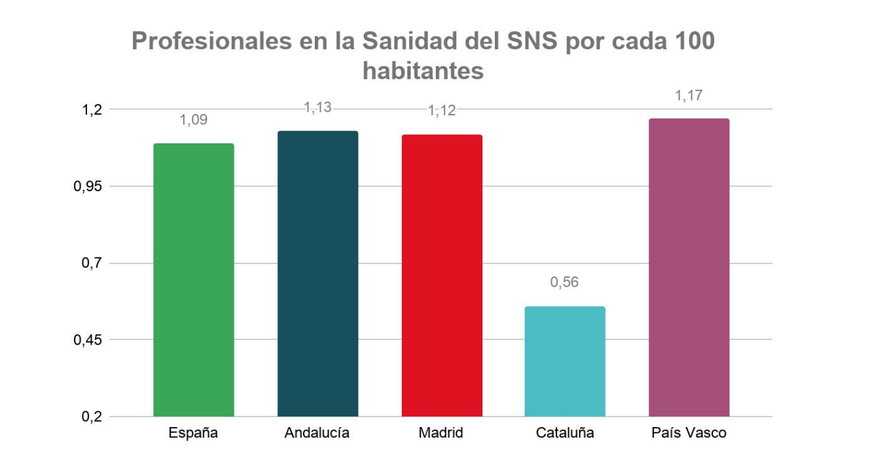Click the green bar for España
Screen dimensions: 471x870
(x=194, y=280)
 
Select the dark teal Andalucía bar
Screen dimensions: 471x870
(x=317, y=274)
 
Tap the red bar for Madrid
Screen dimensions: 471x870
(x=442, y=275)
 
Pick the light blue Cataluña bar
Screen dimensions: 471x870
(x=565, y=361)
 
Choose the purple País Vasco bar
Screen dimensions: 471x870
(x=689, y=267)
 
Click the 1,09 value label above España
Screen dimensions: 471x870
(x=194, y=120)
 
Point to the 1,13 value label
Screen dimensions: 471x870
(x=317, y=108)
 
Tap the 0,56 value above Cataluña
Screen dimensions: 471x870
(x=565, y=282)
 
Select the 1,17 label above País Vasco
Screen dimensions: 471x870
(x=689, y=96)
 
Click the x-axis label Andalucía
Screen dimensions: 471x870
(x=317, y=433)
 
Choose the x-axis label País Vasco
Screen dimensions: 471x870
(x=689, y=433)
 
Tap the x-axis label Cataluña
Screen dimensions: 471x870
(x=565, y=433)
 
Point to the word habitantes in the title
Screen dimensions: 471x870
(x=423, y=70)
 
